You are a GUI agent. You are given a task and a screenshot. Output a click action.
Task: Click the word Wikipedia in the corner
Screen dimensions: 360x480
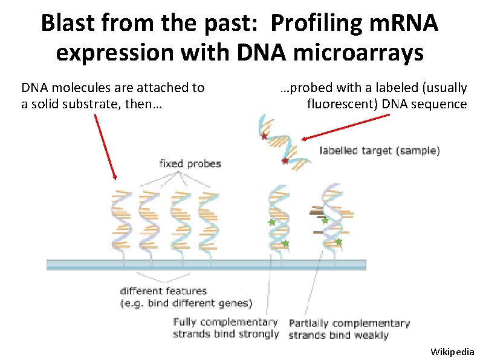[x=452, y=352]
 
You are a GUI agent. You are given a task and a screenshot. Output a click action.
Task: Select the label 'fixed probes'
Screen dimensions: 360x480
[x=190, y=163]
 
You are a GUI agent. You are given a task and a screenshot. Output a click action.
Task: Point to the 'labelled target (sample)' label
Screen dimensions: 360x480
[x=380, y=151]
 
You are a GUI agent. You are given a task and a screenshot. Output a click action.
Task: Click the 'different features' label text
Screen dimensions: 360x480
[x=163, y=291]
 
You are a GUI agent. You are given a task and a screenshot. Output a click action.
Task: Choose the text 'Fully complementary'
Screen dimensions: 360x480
[x=225, y=322]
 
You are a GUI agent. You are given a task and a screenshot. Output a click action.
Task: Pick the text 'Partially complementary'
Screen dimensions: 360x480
[x=349, y=324]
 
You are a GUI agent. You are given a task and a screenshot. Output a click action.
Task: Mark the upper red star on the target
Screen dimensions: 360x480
[x=264, y=137]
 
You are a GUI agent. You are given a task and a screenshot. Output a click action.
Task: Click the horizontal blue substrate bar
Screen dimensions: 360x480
[x=206, y=264]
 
